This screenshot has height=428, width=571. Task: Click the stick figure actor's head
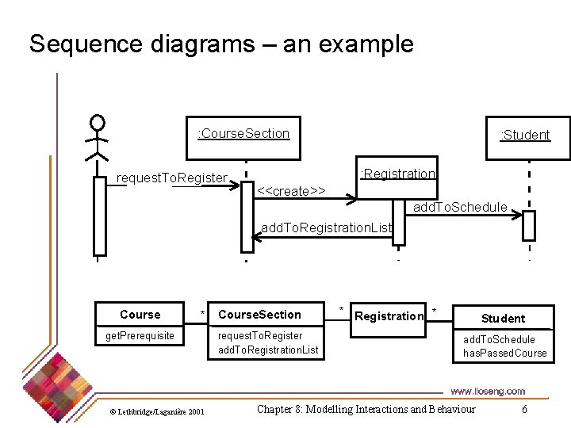pyautogui.click(x=98, y=122)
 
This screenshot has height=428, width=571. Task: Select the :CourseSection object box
pyautogui.click(x=243, y=138)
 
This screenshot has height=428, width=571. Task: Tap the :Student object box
pyautogui.click(x=528, y=138)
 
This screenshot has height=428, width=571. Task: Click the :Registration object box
pyautogui.click(x=397, y=178)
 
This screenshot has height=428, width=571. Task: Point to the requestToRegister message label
pyautogui.click(x=172, y=178)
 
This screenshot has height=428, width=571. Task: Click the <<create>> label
pyautogui.click(x=291, y=191)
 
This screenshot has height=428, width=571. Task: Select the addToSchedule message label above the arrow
pyautogui.click(x=460, y=207)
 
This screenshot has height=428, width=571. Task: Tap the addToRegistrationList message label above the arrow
pyautogui.click(x=327, y=227)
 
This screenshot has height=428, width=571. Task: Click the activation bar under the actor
pyautogui.click(x=100, y=216)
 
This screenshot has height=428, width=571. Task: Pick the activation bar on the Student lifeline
pyautogui.click(x=529, y=226)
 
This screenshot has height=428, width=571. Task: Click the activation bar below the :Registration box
pyautogui.click(x=398, y=223)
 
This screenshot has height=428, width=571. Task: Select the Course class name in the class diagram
pyautogui.click(x=140, y=315)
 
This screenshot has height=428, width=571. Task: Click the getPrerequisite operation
pyautogui.click(x=140, y=335)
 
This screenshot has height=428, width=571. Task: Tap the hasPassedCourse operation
pyautogui.click(x=504, y=353)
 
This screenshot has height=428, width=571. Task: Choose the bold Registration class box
pyautogui.click(x=388, y=320)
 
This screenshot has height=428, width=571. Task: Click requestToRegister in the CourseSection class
pyautogui.click(x=260, y=335)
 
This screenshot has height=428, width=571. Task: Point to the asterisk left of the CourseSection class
pyautogui.click(x=202, y=313)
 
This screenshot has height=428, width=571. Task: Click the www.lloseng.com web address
pyautogui.click(x=488, y=392)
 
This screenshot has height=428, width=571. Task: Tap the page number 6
pyautogui.click(x=524, y=409)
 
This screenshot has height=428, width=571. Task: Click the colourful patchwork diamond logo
pyautogui.click(x=57, y=388)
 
